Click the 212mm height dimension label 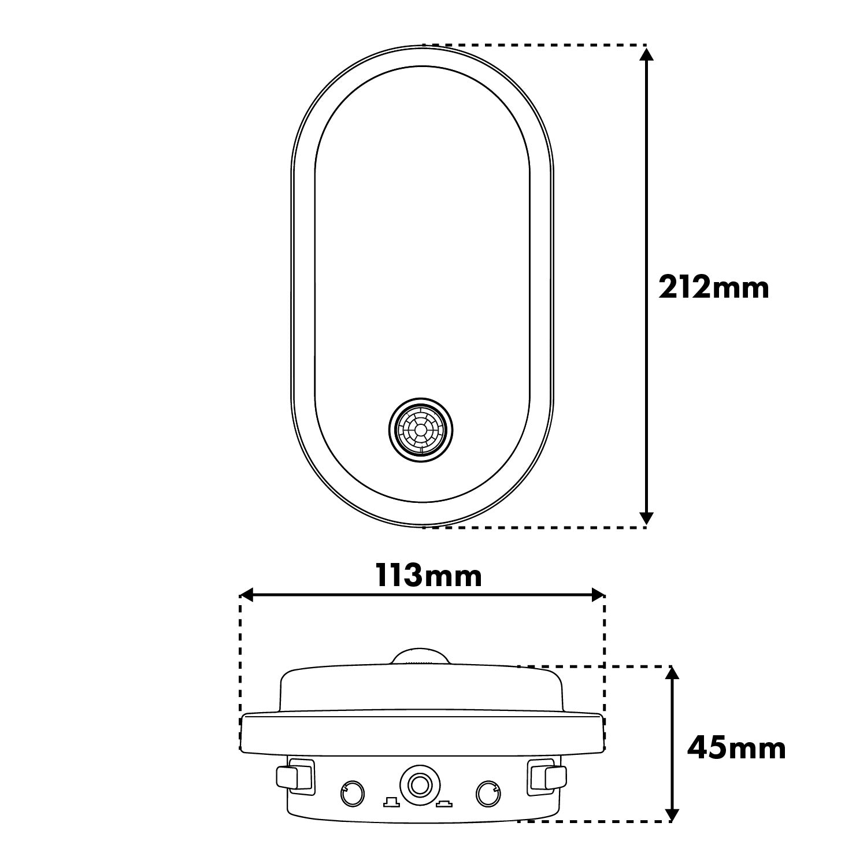(x=714, y=287)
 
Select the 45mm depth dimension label (x=736, y=749)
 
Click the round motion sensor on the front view (x=421, y=429)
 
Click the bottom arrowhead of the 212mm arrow (x=647, y=518)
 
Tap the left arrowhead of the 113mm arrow (x=248, y=595)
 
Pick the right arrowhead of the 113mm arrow (x=597, y=595)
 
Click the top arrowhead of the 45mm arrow (x=672, y=675)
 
